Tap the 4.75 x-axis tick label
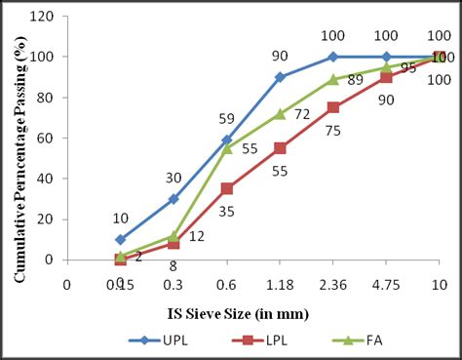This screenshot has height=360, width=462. point(386,284)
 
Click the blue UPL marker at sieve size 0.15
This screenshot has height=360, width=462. point(120,239)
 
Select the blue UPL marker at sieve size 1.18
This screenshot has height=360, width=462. point(280,76)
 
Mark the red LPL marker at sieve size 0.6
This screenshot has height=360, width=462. point(226,188)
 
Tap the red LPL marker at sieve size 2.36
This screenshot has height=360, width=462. point(333,107)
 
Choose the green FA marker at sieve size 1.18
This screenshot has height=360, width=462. point(280,113)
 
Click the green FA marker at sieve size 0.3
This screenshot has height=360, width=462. point(173,235)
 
